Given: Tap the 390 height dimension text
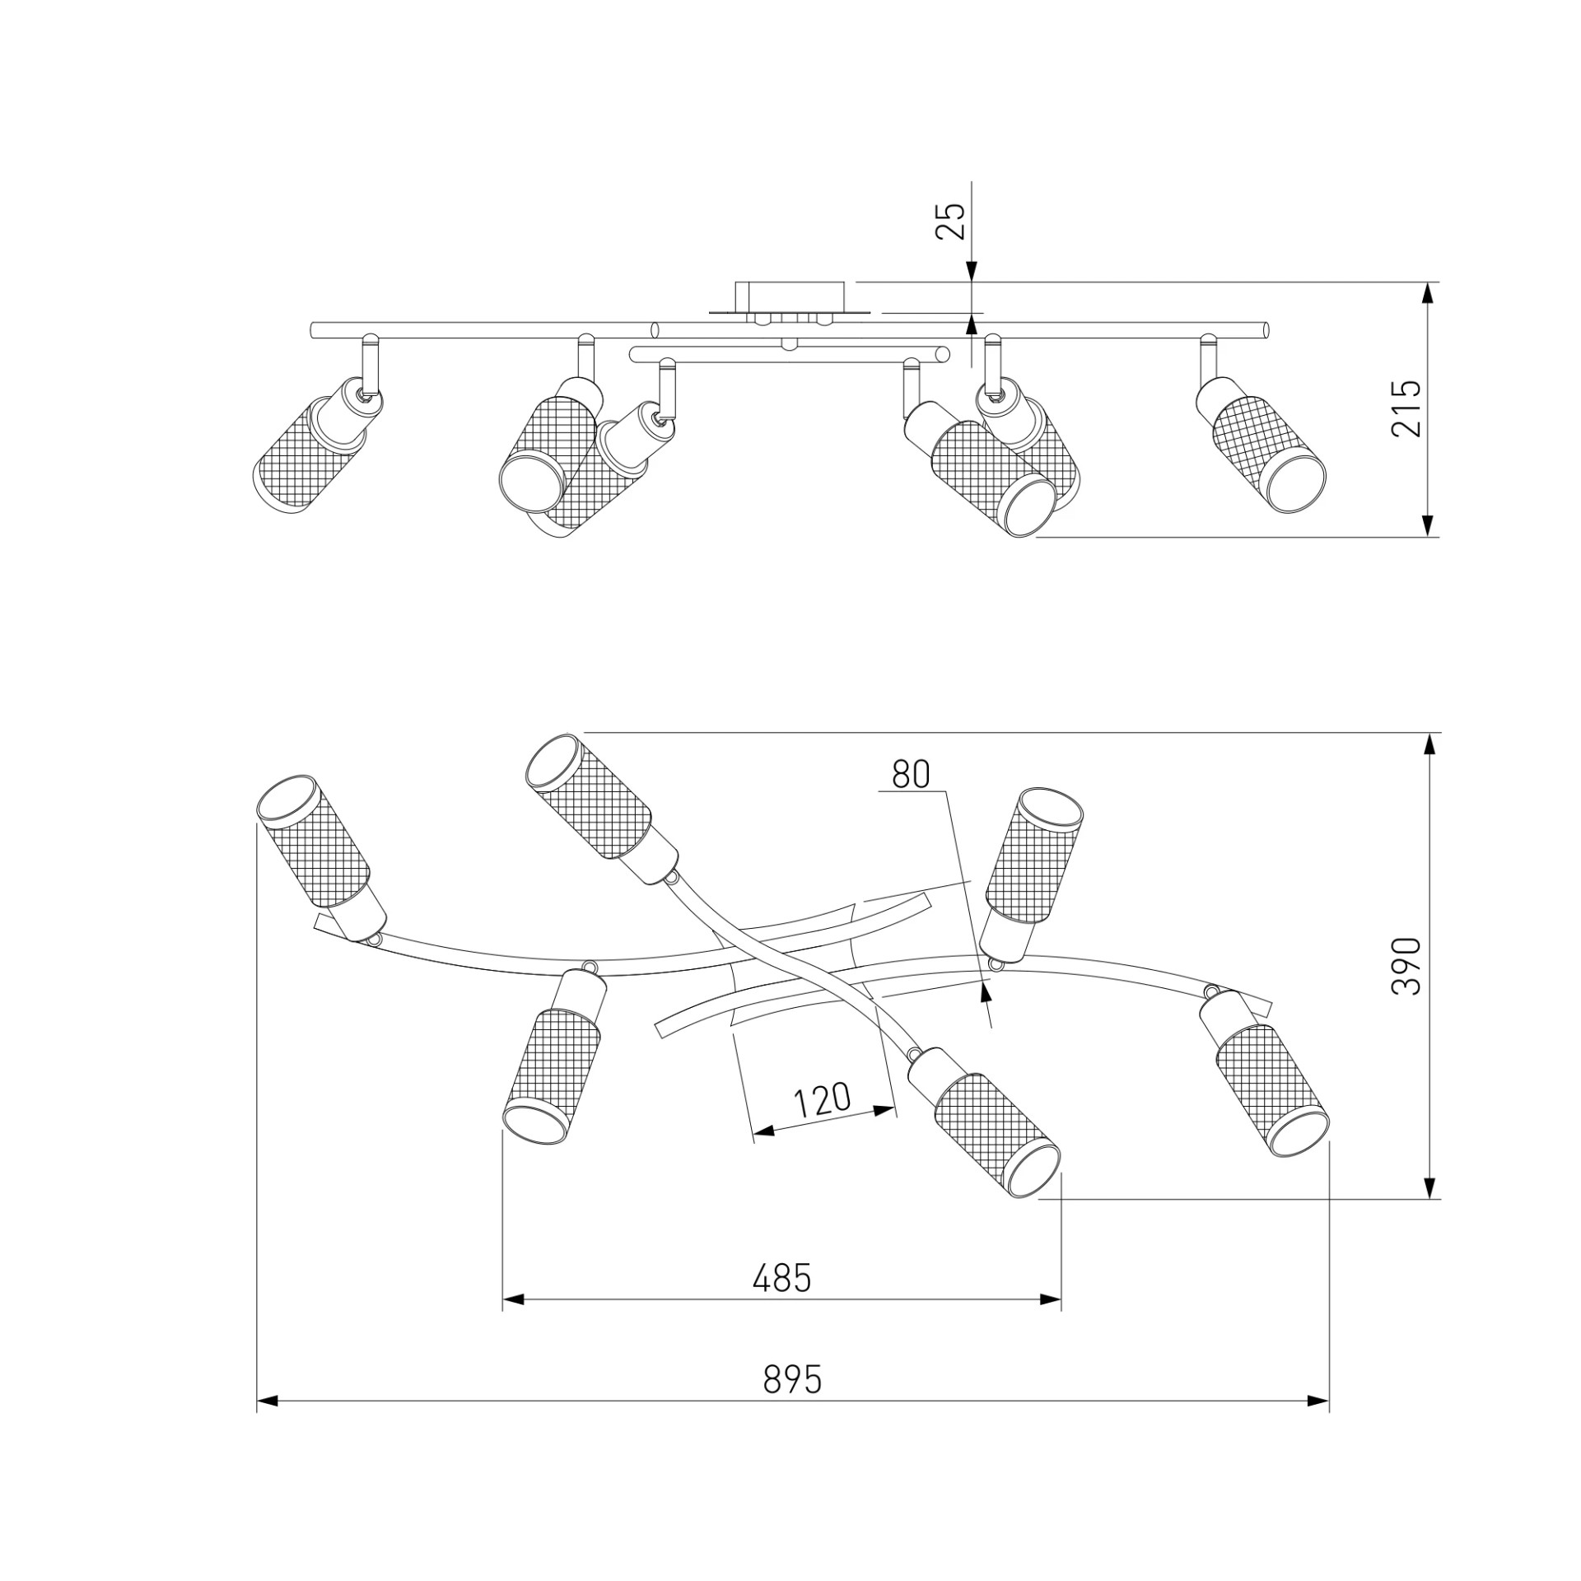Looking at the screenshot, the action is coord(1406,966).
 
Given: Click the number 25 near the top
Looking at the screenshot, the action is coord(950,221).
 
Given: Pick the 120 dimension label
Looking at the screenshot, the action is coord(821,1100).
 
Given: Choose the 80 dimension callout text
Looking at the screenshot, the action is coord(911,774).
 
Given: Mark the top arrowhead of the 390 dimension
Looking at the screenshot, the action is coord(1429,744).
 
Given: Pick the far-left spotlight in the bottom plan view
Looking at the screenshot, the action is coord(321,858).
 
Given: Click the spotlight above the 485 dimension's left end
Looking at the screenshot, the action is coord(555,1052).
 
